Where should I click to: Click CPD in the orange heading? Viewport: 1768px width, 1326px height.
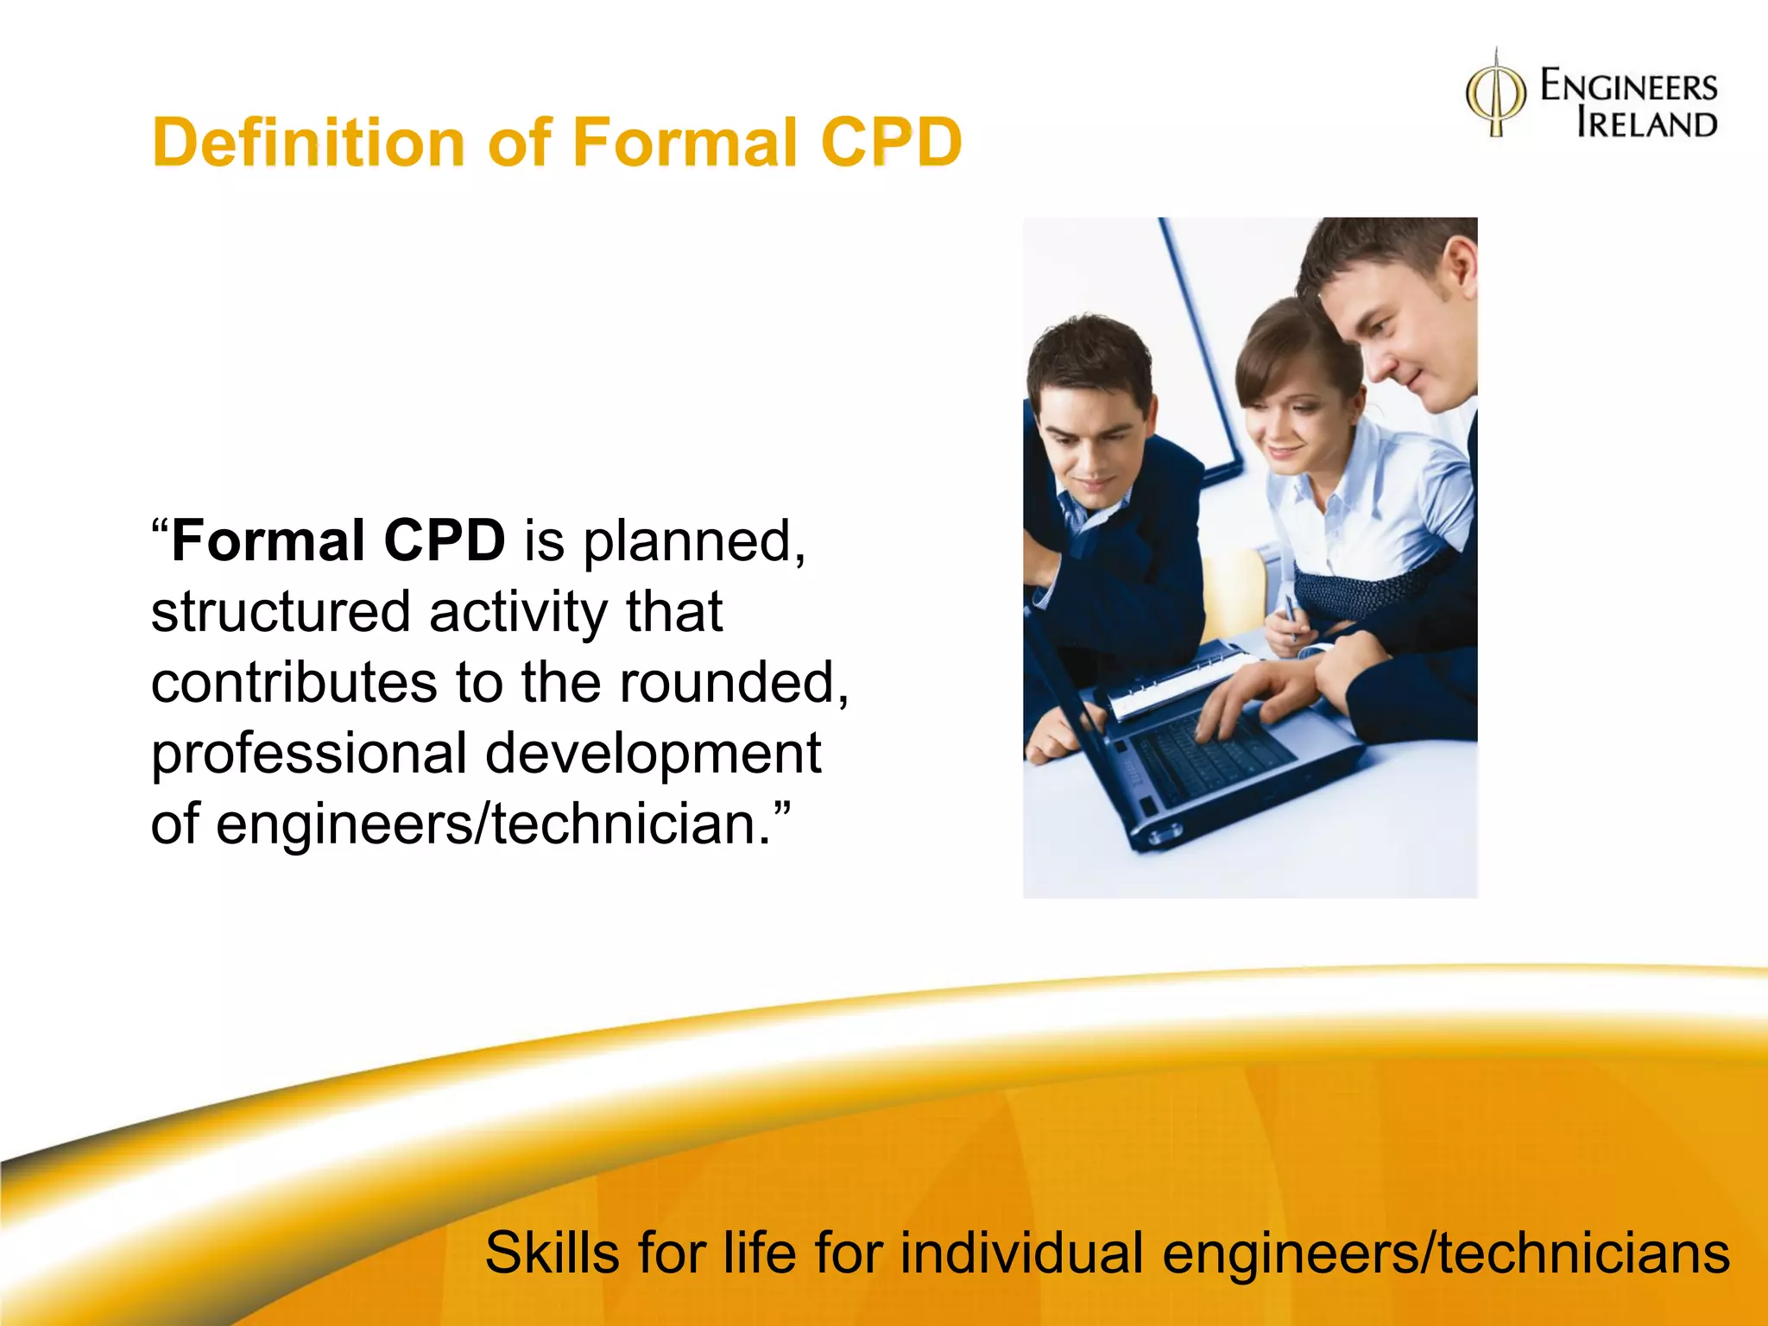click(x=890, y=142)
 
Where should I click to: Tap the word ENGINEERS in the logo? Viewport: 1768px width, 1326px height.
click(x=1628, y=87)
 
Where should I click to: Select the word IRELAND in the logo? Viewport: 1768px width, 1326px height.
click(x=1646, y=124)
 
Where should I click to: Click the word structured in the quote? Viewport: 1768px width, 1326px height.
click(x=280, y=612)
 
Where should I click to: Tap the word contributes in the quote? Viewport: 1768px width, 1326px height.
click(x=294, y=683)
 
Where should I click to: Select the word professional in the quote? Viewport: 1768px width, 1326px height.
click(x=309, y=754)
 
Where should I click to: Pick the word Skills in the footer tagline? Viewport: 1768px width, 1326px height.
click(x=552, y=1253)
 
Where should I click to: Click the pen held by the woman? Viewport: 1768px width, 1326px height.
click(x=1291, y=615)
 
